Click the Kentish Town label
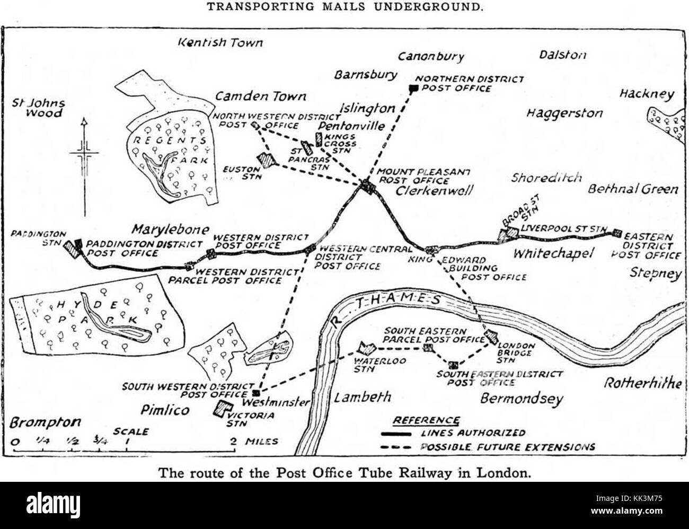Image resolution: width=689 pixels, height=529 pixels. [x=220, y=42]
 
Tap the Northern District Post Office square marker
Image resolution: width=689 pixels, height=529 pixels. [x=414, y=88]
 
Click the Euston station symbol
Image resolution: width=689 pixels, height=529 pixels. [x=265, y=158]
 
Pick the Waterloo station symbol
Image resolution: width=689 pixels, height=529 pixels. [x=365, y=348]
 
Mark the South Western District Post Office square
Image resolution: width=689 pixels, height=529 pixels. [x=256, y=393]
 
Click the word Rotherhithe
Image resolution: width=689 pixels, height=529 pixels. [x=643, y=383]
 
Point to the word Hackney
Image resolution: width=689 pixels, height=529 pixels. [x=647, y=94]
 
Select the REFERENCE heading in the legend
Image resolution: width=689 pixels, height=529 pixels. [x=426, y=420]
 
